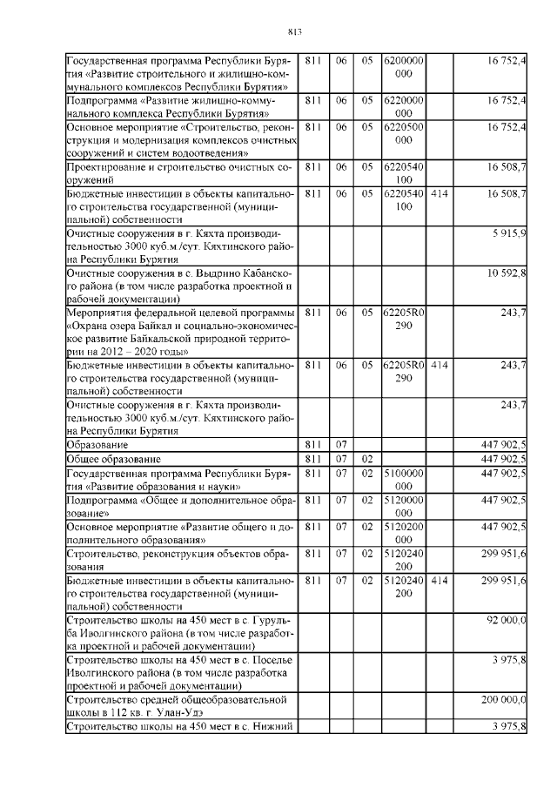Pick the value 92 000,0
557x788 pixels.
(x=504, y=619)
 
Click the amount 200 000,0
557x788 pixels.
(x=502, y=699)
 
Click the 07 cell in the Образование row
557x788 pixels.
(x=341, y=445)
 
